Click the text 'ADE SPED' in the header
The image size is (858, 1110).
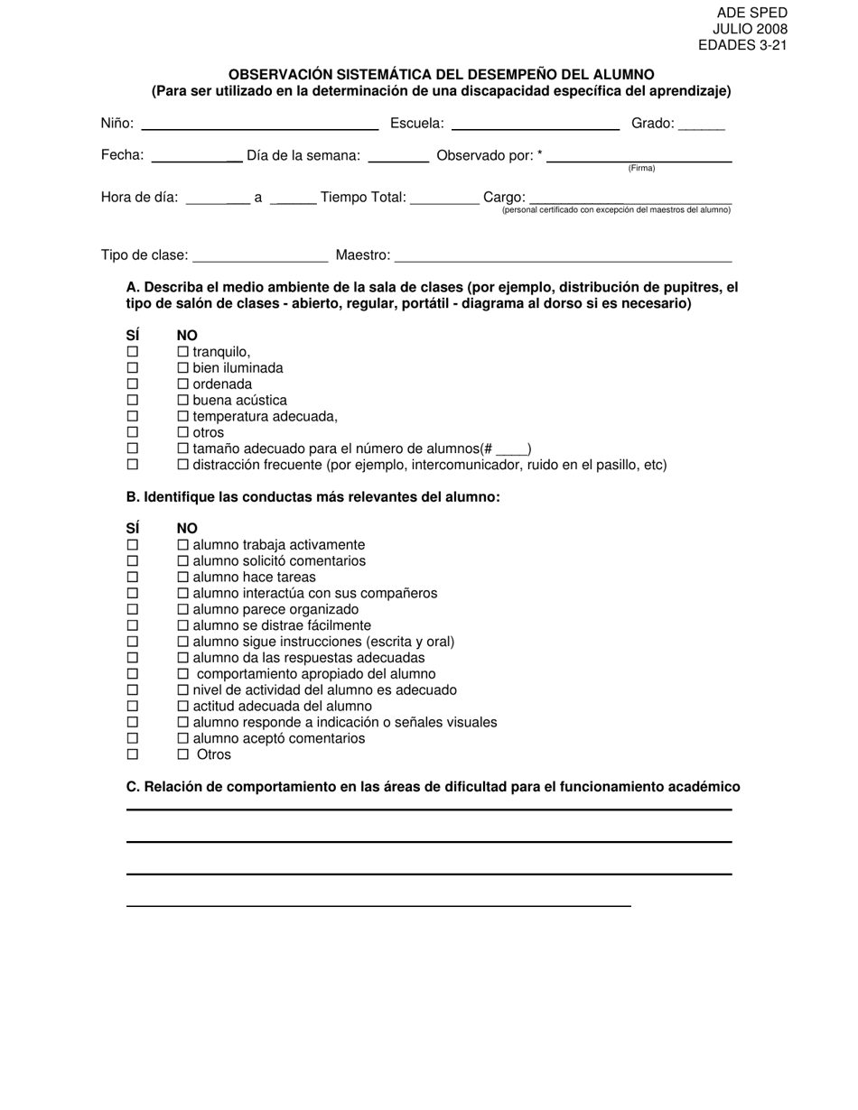[x=751, y=13]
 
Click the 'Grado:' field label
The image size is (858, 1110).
[x=652, y=124]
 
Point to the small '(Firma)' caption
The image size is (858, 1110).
[x=641, y=169]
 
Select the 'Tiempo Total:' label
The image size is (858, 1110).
[x=363, y=198]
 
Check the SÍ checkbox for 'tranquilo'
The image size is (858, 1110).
[x=133, y=352]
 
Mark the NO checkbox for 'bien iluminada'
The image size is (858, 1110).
[x=183, y=368]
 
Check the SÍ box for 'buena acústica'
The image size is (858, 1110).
[x=133, y=401]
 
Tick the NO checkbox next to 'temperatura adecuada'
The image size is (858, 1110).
[x=183, y=417]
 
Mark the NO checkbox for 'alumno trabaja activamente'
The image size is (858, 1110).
[x=183, y=545]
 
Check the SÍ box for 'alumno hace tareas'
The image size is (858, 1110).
[x=133, y=578]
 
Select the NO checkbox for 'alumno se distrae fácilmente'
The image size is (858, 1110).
[x=183, y=625]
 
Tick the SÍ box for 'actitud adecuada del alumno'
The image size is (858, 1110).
[x=133, y=707]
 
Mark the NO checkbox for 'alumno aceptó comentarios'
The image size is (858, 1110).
[x=183, y=739]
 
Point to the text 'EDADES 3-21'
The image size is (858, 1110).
[x=742, y=45]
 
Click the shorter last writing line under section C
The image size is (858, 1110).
[x=378, y=905]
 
